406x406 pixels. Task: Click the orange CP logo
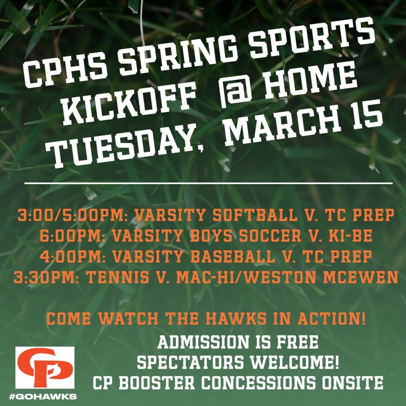pyautogui.click(x=45, y=368)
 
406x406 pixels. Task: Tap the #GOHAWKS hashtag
pyautogui.click(x=43, y=396)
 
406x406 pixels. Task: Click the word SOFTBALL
pyautogui.click(x=255, y=215)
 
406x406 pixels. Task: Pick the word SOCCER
pyautogui.click(x=270, y=236)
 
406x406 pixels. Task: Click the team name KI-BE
pyautogui.click(x=350, y=236)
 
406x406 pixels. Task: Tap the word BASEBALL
pyautogui.click(x=233, y=257)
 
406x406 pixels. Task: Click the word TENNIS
pyautogui.click(x=117, y=277)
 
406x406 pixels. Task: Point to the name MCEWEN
pyautogui.click(x=360, y=277)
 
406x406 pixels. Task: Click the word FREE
pyautogui.click(x=297, y=342)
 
